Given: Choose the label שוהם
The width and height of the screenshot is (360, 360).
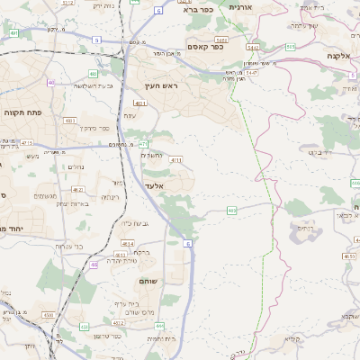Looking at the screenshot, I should (x=148, y=282).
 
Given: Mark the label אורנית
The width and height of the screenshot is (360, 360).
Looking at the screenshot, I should (x=244, y=7).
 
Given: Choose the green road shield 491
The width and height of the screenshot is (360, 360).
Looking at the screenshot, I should (x=14, y=33).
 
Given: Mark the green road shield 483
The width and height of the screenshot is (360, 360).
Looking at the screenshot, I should (x=94, y=74).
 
